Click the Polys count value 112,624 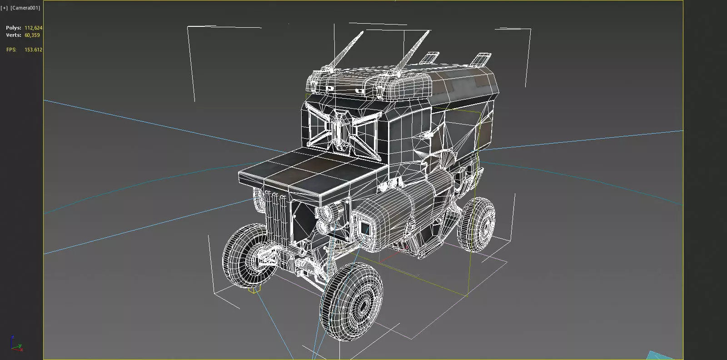(x=33, y=28)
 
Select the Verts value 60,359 (x=32, y=35)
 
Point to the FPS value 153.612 (x=33, y=50)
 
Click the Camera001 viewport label (x=25, y=8)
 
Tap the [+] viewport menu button (x=4, y=8)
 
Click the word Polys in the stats (x=13, y=28)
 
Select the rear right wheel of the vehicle (x=476, y=224)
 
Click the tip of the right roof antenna (x=428, y=31)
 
